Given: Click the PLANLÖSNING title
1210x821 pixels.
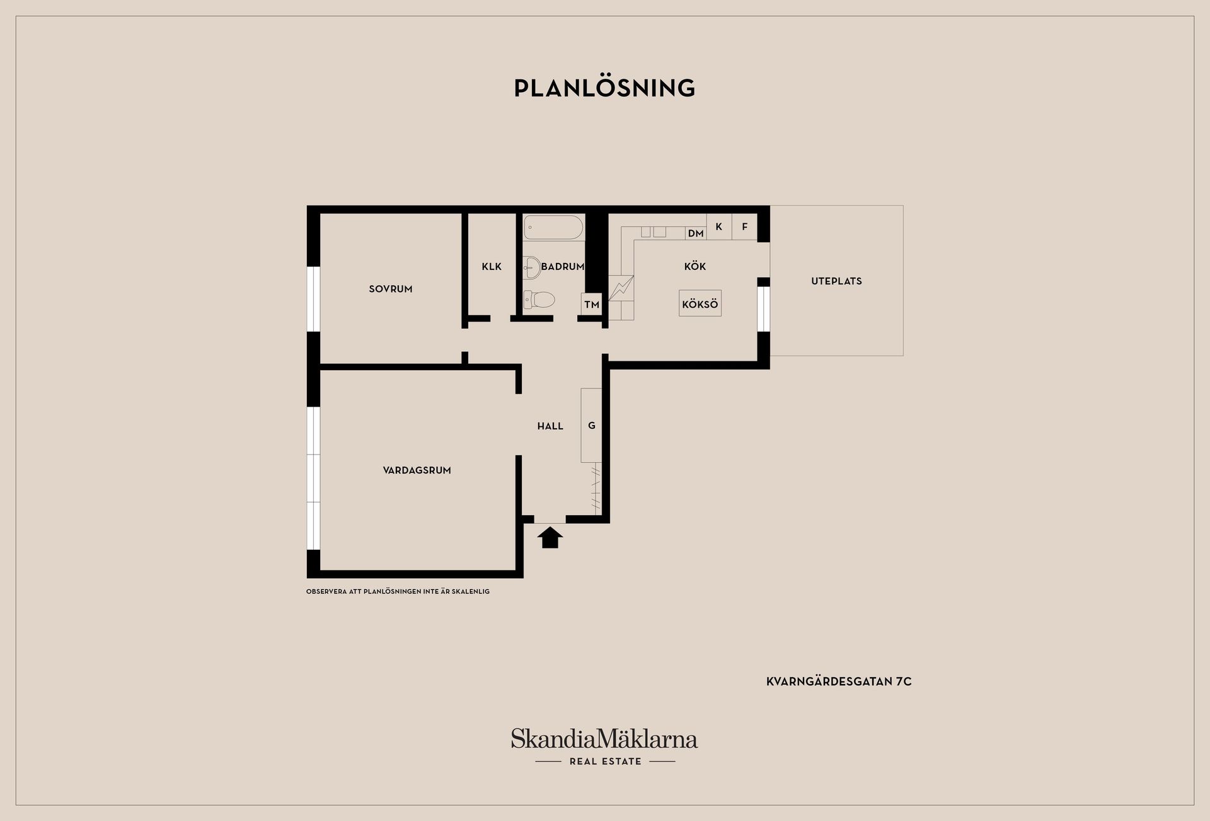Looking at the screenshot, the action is (604, 88).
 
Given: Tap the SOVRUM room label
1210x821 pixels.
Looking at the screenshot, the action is (391, 289).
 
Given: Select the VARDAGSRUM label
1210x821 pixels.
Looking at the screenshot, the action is (417, 470).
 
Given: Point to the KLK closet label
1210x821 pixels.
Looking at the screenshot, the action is (492, 267).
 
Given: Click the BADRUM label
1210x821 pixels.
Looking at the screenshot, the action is (563, 267).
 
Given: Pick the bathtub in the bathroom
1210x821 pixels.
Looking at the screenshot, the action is (553, 228).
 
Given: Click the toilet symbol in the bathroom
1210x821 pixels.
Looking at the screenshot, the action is (539, 300).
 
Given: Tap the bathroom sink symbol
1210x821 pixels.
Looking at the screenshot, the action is (532, 267).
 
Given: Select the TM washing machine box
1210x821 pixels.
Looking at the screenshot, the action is (592, 305).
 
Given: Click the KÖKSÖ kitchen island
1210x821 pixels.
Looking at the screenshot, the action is (700, 304).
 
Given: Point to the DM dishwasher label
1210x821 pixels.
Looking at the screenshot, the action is (696, 233).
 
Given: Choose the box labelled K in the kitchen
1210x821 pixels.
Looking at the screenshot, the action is (719, 227).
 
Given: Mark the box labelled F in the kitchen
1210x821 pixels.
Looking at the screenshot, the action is (745, 227).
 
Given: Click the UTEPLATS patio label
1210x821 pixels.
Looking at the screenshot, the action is (836, 281).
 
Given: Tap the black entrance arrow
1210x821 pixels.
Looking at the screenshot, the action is (550, 537).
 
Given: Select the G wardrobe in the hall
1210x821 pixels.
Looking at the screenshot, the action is (592, 426).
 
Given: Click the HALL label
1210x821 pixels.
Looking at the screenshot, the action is (550, 426).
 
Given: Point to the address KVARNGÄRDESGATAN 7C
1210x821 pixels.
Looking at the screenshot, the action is (839, 682).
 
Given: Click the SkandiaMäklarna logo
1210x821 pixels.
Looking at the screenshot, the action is (604, 747).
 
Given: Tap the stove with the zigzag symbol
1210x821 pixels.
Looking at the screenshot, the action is (621, 288).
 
